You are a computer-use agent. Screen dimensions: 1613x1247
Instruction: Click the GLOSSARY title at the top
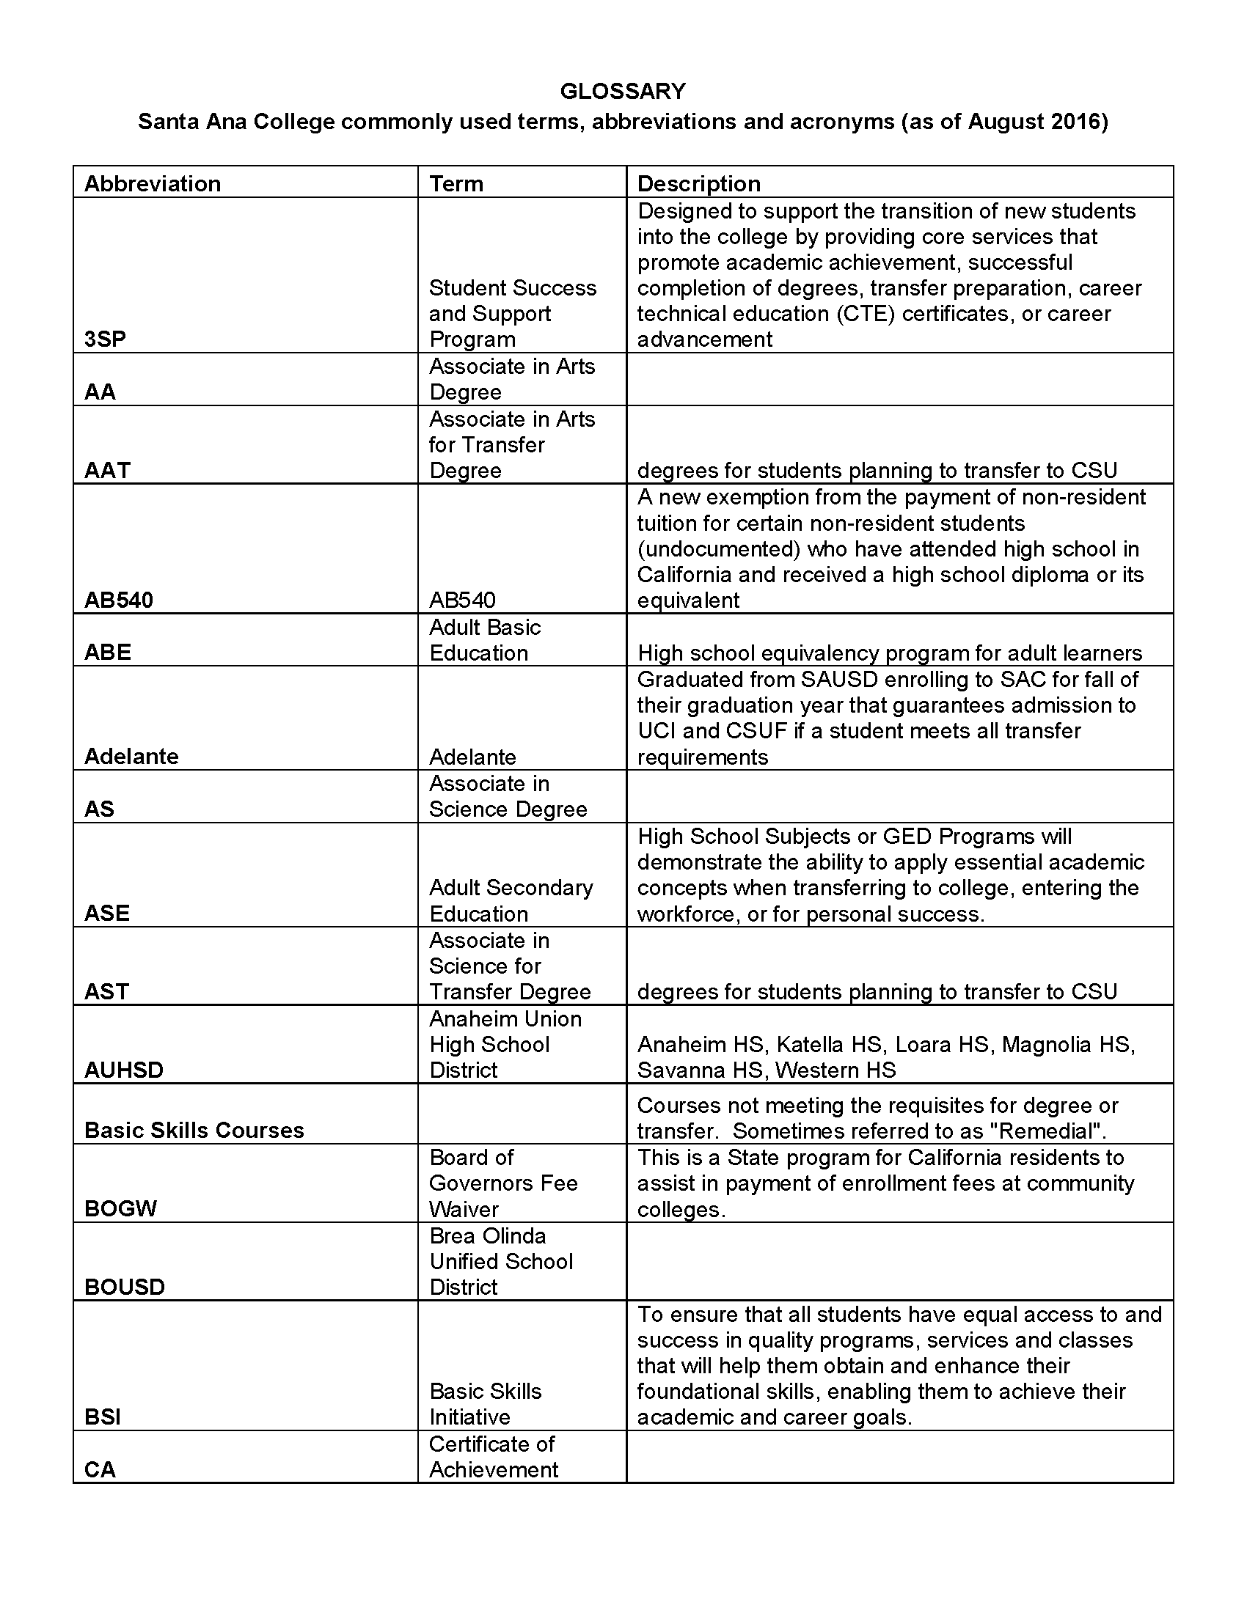coord(623,91)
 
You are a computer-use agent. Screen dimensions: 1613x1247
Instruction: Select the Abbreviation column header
coord(152,183)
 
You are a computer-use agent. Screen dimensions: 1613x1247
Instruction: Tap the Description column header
coord(698,183)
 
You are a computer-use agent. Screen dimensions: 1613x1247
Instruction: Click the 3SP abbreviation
coord(105,339)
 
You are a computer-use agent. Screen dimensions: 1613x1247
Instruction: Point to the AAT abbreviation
coord(107,471)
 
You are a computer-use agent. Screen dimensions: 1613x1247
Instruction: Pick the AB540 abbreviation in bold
coord(118,600)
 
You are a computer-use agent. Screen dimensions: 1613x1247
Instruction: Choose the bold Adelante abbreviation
coord(131,757)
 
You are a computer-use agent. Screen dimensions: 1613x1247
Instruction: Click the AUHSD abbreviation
coord(123,1070)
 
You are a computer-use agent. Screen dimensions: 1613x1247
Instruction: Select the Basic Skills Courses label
coord(194,1130)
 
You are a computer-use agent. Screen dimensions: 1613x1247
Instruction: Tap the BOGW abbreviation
coord(120,1208)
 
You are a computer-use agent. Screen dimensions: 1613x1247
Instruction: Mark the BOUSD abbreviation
coord(124,1287)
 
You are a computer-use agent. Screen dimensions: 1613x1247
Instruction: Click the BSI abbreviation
coord(103,1417)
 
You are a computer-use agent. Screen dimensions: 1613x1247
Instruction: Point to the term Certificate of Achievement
coord(493,1456)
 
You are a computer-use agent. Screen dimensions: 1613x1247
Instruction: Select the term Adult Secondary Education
coord(511,900)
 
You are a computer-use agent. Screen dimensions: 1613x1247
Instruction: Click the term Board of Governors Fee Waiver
coord(503,1183)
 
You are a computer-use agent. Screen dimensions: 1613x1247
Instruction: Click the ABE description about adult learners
coord(890,653)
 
